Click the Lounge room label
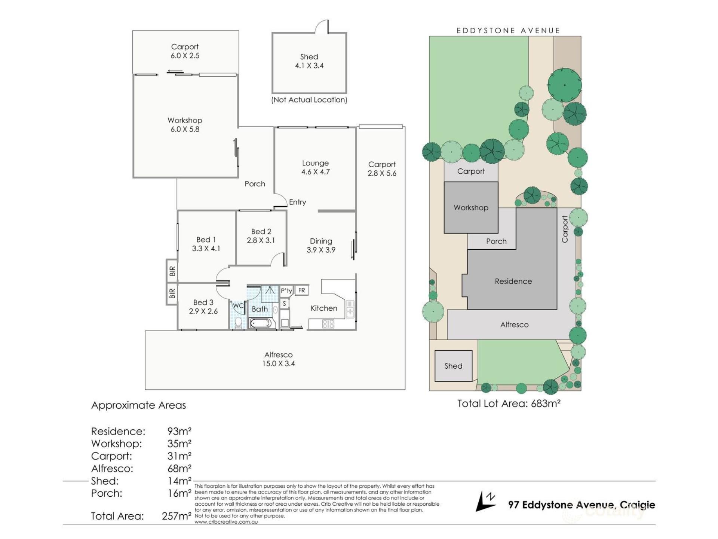click(315, 163)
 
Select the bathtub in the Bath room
click(261, 323)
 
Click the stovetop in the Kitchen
click(328, 324)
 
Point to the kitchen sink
click(350, 309)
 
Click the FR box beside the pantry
click(301, 290)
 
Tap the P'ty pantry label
click(286, 291)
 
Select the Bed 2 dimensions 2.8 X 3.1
click(261, 240)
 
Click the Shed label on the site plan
click(453, 366)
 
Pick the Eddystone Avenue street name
click(508, 31)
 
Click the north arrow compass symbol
click(485, 502)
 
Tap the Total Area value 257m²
click(177, 516)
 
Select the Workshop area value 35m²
click(179, 444)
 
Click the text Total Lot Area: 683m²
click(509, 404)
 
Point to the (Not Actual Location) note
click(309, 100)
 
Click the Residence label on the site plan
click(513, 281)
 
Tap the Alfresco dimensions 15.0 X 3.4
click(278, 363)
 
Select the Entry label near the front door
click(297, 202)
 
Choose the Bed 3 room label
click(203, 302)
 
